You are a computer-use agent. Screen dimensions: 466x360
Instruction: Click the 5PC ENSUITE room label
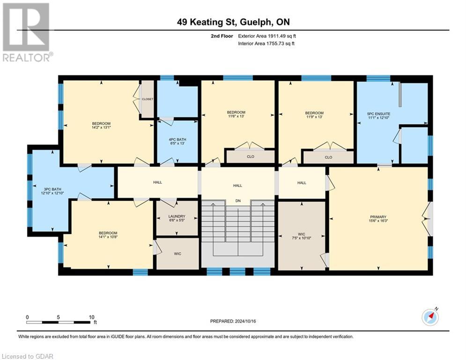(378, 114)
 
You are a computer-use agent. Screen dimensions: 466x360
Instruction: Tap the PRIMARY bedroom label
(378, 217)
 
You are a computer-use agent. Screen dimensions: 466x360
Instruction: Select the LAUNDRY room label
(177, 217)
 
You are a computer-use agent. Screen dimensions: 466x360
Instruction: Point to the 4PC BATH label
(178, 140)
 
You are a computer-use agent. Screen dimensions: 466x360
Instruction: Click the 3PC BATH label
(52, 189)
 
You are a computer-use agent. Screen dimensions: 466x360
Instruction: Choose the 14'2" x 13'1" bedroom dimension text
(101, 127)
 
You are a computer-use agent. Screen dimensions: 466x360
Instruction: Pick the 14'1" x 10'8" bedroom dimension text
(108, 237)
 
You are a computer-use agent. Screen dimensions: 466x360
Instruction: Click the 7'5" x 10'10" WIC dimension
(301, 238)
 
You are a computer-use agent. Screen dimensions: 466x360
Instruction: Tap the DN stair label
(238, 201)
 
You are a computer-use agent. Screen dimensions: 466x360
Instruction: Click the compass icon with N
(430, 317)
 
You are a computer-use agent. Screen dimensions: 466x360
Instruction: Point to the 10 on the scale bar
(91, 317)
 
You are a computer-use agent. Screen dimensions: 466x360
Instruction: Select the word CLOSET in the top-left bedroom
(148, 99)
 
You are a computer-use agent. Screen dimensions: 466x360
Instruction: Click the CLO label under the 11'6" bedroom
(251, 157)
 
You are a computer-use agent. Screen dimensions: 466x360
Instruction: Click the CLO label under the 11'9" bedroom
(328, 157)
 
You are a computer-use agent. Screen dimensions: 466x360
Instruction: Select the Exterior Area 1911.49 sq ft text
(267, 36)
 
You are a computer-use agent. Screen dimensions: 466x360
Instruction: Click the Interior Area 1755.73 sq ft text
(266, 44)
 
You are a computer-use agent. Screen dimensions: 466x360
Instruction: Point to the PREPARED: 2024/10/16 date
(233, 321)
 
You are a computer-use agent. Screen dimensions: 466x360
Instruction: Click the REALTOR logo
(27, 32)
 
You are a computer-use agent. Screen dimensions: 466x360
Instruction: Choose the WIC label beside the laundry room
(178, 254)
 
